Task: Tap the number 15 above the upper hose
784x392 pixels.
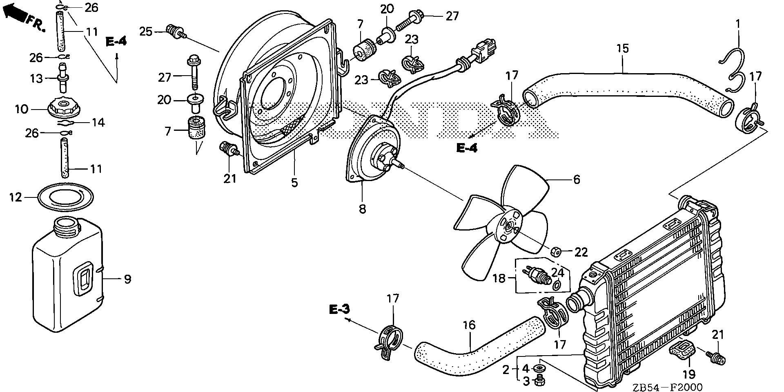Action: point(622,49)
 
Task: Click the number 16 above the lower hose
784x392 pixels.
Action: point(469,325)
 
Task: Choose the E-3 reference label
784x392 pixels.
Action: point(340,309)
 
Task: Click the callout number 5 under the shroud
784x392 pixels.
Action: point(294,182)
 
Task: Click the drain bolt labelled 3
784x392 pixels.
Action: point(540,381)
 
